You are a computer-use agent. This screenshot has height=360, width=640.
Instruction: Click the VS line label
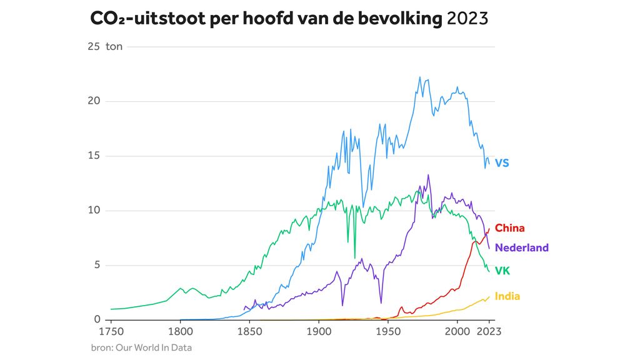pyautogui.click(x=502, y=163)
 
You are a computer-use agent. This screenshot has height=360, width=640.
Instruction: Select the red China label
pyautogui.click(x=509, y=228)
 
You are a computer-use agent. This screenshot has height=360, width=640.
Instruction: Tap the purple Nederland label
pyautogui.click(x=521, y=247)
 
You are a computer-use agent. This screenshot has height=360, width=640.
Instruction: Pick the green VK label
pyautogui.click(x=502, y=271)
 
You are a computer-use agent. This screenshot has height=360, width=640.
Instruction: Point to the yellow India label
pyautogui.click(x=507, y=296)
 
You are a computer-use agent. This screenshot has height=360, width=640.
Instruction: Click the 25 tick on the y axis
pyautogui.click(x=94, y=47)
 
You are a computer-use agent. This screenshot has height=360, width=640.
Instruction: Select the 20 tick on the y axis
pyautogui.click(x=94, y=101)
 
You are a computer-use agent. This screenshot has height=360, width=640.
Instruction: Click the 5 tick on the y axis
pyautogui.click(x=97, y=265)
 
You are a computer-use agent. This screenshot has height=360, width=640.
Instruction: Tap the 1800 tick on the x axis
pyautogui.click(x=180, y=331)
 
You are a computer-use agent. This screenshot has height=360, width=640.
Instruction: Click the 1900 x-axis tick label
pyautogui.click(x=318, y=331)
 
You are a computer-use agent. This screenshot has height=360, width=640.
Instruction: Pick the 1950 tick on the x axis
pyautogui.click(x=387, y=331)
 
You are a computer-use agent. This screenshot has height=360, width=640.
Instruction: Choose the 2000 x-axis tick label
pyautogui.click(x=457, y=331)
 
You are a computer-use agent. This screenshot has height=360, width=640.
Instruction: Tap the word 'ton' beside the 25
pyautogui.click(x=114, y=47)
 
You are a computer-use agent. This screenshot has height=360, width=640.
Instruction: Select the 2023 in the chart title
pyautogui.click(x=467, y=18)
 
